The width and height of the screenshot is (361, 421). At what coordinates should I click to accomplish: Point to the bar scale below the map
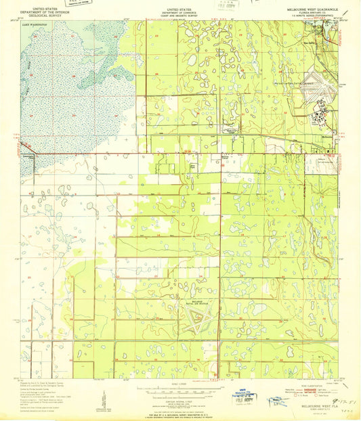point(180,390)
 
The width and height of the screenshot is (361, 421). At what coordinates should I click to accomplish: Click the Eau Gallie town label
point(314,39)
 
